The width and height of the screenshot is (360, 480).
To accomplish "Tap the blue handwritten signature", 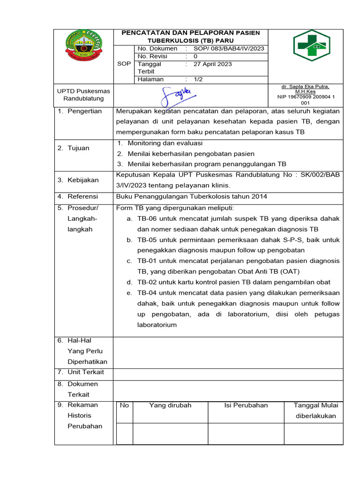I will [x=175, y=96].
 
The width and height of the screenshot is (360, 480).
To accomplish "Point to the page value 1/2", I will [x=198, y=79].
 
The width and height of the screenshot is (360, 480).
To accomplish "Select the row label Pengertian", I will [x=80, y=111].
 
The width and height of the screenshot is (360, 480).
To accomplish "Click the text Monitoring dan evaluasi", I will [x=165, y=143].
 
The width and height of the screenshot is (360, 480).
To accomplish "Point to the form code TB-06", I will [x=147, y=219].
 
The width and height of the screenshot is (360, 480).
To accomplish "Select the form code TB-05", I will [x=147, y=240].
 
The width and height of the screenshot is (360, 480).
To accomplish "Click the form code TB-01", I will [x=147, y=261].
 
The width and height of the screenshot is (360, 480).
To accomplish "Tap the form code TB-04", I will [x=147, y=292].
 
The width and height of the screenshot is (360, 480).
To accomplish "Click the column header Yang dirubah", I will [x=170, y=405].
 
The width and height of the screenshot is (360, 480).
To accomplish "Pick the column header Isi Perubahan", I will [x=246, y=405].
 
